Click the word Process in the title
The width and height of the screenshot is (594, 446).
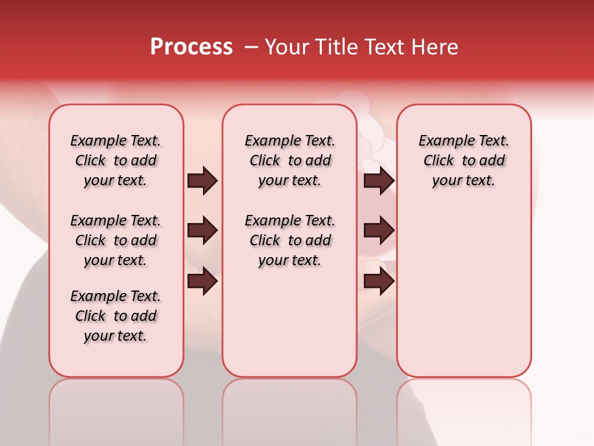[191, 47]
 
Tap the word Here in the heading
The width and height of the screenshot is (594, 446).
[436, 47]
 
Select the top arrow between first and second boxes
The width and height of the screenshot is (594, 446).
[202, 181]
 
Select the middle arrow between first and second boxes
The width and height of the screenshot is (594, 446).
[202, 231]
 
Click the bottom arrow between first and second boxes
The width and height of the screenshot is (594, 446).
[202, 281]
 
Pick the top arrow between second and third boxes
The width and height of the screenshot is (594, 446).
[379, 181]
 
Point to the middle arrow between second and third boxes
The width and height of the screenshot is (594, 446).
[379, 231]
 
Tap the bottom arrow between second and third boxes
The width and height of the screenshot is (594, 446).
[379, 281]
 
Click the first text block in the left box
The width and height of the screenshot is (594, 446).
[116, 160]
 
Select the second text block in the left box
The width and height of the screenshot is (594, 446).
[116, 240]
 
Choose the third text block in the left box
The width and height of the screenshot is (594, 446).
[116, 316]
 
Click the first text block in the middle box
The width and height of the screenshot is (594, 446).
[290, 160]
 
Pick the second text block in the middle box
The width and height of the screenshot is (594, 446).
[290, 240]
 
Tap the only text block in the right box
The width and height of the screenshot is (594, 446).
[463, 160]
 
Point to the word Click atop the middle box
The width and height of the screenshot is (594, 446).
[265, 161]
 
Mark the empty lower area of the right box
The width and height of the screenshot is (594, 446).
[463, 291]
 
